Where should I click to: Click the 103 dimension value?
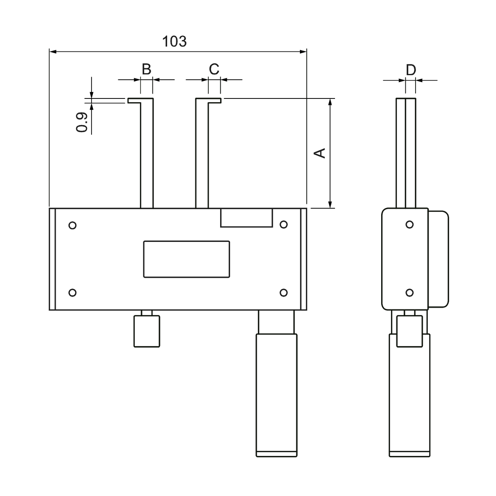[x=174, y=41]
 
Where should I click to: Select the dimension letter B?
[x=146, y=69]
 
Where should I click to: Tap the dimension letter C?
[x=214, y=69]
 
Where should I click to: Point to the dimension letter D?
[x=411, y=70]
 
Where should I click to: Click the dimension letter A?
[x=320, y=152]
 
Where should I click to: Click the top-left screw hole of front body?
[x=73, y=225]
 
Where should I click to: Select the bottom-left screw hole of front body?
[x=72, y=293]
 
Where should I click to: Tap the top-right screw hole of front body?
[x=284, y=224]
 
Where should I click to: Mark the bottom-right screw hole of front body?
[x=284, y=293]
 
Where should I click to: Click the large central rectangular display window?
[x=186, y=259]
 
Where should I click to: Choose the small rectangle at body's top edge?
[x=246, y=217]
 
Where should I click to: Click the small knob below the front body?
[x=147, y=331]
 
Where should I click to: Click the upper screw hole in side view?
[x=409, y=224]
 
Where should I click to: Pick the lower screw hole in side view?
[x=409, y=293]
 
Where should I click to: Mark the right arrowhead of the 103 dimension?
[x=303, y=51]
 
